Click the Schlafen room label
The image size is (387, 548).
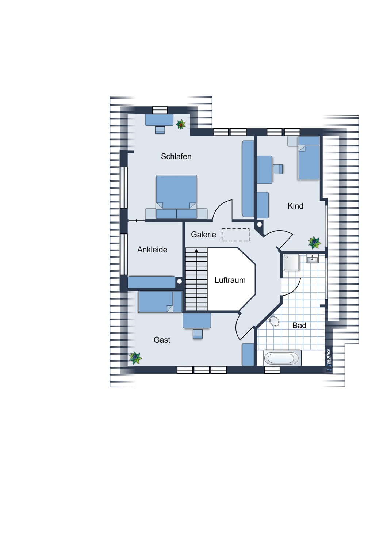pyautogui.click(x=176, y=156)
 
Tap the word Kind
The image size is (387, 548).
pyautogui.click(x=295, y=206)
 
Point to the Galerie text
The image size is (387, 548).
pyautogui.click(x=203, y=234)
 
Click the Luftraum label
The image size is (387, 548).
pyautogui.click(x=230, y=280)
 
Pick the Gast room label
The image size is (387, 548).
pyautogui.click(x=162, y=339)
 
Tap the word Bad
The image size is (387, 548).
pyautogui.click(x=299, y=325)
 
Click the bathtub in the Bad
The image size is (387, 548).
pyautogui.click(x=282, y=358)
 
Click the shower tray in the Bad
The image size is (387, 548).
pyautogui.click(x=291, y=262)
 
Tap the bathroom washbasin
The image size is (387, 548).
pyautogui.click(x=313, y=258)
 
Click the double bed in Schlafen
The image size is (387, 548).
pyautogui.click(x=176, y=197)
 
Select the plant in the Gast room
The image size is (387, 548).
pyautogui.click(x=135, y=358)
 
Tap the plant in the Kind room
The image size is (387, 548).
pyautogui.click(x=314, y=243)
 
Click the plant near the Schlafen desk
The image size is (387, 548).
pyautogui.click(x=181, y=124)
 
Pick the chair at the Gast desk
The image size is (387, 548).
pyautogui.click(x=198, y=334)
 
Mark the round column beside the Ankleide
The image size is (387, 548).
pyautogui.click(x=179, y=282)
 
